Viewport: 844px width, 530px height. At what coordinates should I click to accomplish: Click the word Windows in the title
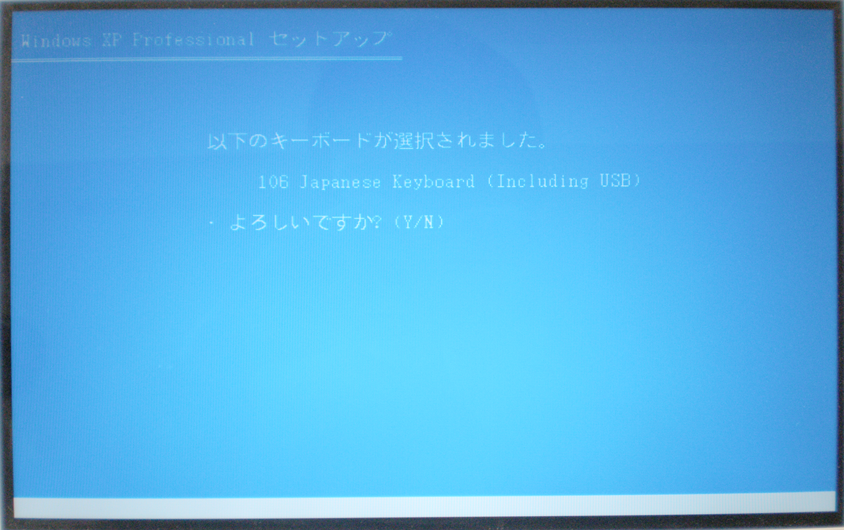coord(56,40)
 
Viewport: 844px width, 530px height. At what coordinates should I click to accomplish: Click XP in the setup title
coord(111,40)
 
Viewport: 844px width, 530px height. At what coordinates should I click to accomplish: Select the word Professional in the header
coord(193,40)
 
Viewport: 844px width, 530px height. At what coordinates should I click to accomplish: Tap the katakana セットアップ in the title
coord(330,39)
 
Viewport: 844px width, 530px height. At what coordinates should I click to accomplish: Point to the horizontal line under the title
coord(207,59)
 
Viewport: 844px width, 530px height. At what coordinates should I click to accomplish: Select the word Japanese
coord(340,183)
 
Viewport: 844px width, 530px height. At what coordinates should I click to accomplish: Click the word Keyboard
coord(433,182)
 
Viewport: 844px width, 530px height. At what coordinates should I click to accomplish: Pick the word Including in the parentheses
coord(543,181)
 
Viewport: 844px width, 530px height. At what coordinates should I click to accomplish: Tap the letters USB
coord(615,181)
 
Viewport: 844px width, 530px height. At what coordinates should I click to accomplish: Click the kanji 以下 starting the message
coord(227,141)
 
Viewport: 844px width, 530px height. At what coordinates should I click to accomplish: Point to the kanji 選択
coord(414,141)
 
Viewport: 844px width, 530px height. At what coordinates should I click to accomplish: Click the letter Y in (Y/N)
coord(408,222)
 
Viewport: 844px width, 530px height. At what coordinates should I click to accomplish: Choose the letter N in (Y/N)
coord(429,222)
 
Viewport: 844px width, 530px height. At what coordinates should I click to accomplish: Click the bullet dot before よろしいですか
coord(212,223)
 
